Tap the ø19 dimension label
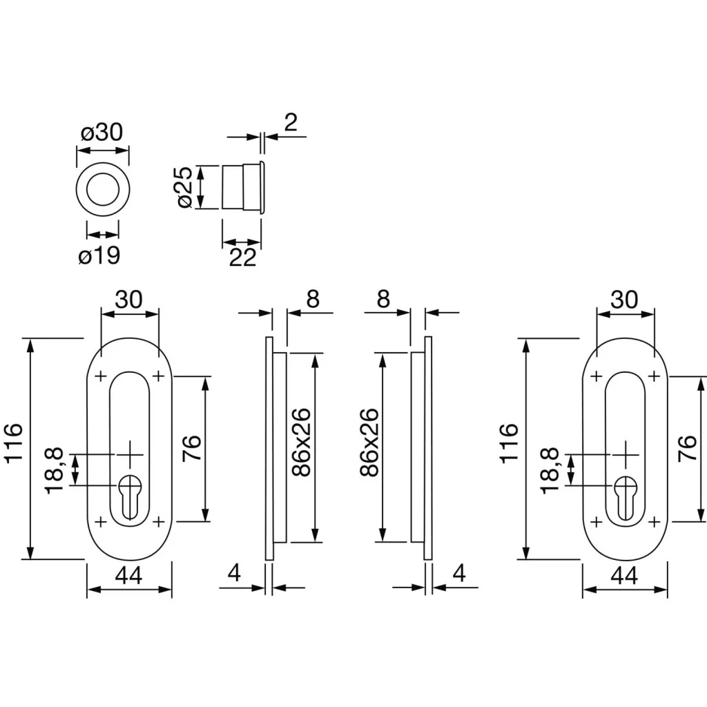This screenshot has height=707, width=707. pos(99,255)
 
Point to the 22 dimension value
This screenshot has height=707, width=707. pos(242,258)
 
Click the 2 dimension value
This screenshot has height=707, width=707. pos(291,122)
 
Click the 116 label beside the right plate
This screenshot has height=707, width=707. pos(508,444)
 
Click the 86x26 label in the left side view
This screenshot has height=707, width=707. pos(300,442)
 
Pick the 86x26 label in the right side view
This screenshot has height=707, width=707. pos(370,442)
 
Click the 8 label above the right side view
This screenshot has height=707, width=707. pos(384,299)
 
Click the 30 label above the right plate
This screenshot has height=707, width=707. pos(624,299)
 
